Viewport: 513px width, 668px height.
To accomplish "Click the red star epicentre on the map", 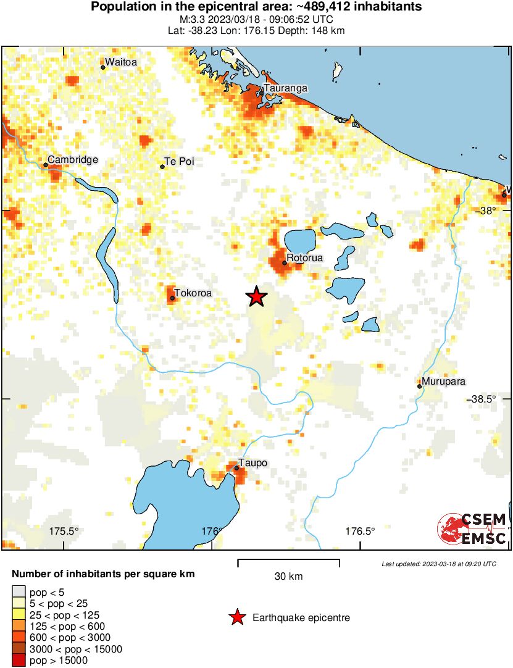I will pyautogui.click(x=257, y=297).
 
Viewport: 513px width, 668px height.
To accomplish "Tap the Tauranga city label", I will pyautogui.click(x=285, y=89).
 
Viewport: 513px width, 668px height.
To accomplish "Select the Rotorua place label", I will pyautogui.click(x=304, y=258).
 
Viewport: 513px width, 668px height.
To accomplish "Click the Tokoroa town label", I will pyautogui.click(x=193, y=293).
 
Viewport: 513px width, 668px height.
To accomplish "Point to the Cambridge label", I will pyautogui.click(x=73, y=160).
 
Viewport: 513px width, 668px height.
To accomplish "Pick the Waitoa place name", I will pyautogui.click(x=121, y=62).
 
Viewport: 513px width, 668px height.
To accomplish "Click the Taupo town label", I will pyautogui.click(x=254, y=464).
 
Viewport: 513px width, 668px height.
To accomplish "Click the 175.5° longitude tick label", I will pyautogui.click(x=64, y=531).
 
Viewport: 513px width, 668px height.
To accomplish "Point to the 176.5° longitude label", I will pyautogui.click(x=360, y=531).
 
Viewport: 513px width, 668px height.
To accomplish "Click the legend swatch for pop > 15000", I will pyautogui.click(x=19, y=661).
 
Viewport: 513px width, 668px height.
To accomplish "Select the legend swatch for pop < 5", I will pyautogui.click(x=19, y=592).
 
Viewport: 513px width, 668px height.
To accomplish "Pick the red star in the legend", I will pyautogui.click(x=236, y=617).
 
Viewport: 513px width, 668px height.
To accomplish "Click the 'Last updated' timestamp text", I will pyautogui.click(x=438, y=564).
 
